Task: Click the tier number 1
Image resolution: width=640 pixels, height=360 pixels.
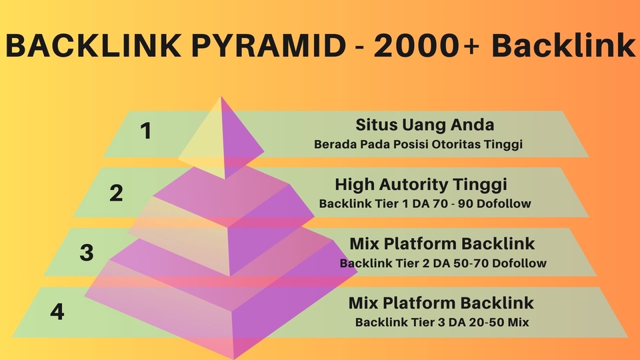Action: coord(145,131)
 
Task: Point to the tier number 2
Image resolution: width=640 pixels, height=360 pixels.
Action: coord(117,193)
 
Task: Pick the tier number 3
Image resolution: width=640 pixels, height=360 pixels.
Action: coord(86,253)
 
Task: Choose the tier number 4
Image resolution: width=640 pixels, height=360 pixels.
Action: coord(57,311)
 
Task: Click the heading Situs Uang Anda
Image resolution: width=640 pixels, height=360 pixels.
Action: coord(425,125)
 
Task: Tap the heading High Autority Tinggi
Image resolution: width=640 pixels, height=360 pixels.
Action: coord(421,184)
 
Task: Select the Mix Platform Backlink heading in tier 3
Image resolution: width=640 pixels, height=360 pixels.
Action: coord(442,243)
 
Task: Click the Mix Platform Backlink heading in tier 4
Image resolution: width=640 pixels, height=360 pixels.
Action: coord(441,303)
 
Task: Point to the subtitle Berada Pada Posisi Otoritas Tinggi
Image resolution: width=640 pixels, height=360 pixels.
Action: coord(417,144)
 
